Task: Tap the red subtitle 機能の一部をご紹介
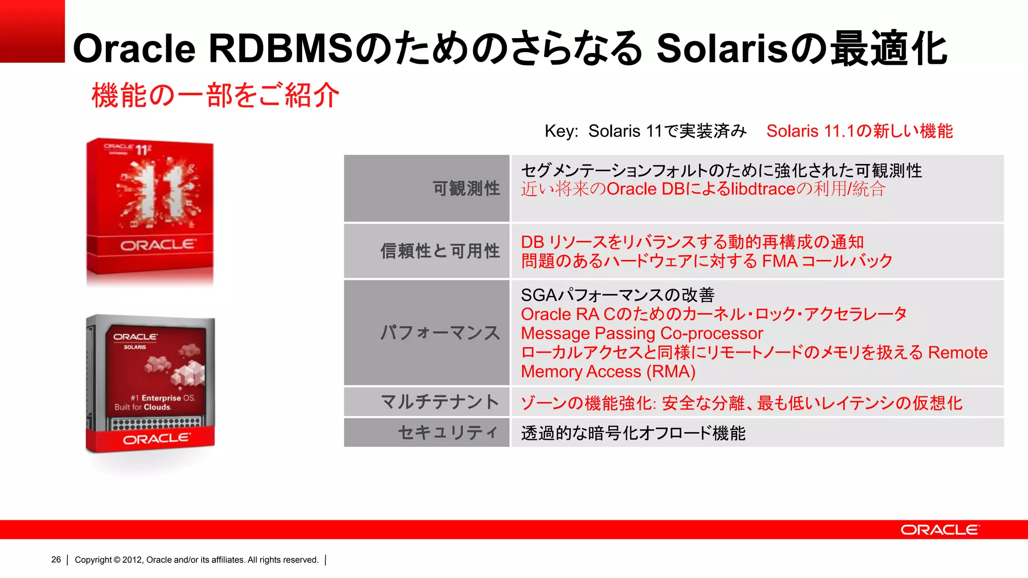[215, 95]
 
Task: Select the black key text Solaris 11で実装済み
[667, 131]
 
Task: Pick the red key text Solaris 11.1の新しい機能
[859, 131]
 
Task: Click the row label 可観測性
[466, 189]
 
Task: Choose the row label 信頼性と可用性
[440, 251]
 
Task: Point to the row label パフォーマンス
[440, 333]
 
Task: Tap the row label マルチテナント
[440, 402]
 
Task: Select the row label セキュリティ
[448, 432]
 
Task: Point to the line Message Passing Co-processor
[641, 334]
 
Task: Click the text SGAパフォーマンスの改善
[617, 295]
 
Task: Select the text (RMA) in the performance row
[671, 372]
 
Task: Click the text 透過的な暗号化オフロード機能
[633, 433]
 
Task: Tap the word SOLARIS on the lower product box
[135, 347]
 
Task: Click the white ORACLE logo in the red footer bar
[940, 530]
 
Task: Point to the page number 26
[56, 560]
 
